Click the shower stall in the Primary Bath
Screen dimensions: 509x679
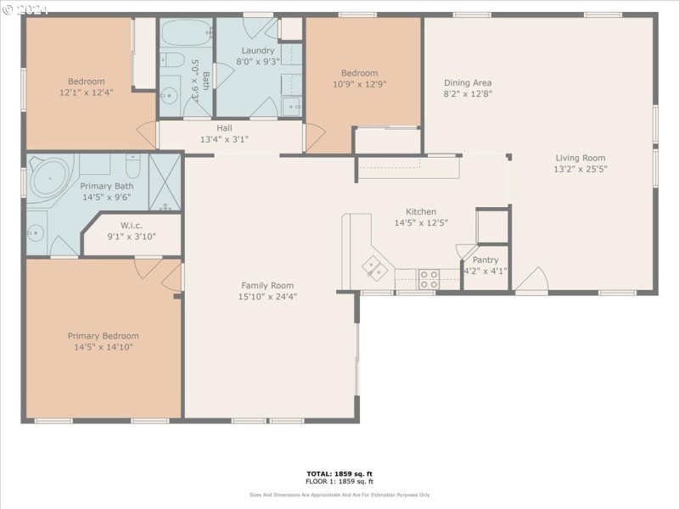pos(166,181)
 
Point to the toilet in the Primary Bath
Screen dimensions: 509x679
pos(134,161)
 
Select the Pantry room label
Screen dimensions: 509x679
pos(485,260)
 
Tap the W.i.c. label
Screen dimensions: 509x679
pos(131,226)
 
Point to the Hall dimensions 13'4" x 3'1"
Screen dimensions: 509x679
pos(224,139)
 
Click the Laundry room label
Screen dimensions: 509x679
pos(258,50)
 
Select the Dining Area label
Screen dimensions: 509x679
pos(468,83)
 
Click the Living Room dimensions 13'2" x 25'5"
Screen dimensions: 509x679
pos(581,169)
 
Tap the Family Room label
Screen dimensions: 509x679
pos(267,285)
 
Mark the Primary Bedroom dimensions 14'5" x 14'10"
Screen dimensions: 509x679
pos(104,347)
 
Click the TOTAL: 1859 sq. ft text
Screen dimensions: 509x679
pos(339,473)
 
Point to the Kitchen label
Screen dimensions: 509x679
pos(421,212)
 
